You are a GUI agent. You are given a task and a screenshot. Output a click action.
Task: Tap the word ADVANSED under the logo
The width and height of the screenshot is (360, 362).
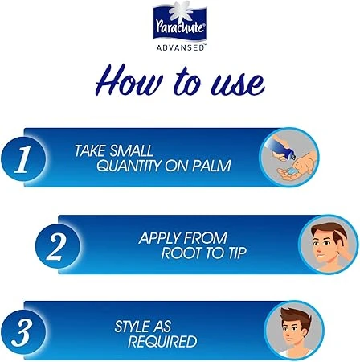(x=180, y=48)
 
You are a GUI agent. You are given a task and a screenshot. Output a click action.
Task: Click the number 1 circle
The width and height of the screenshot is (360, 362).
(x=23, y=159)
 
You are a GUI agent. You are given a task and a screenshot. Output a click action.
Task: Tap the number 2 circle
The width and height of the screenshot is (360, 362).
(x=58, y=246)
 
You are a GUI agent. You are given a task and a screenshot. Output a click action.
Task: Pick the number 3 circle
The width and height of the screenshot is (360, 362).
(x=23, y=332)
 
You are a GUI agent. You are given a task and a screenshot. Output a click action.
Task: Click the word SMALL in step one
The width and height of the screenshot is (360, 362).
(x=132, y=150)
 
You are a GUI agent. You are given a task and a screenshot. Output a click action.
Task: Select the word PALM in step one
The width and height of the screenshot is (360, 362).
(x=211, y=166)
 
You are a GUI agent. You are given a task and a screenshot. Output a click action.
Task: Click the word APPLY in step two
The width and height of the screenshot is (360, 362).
(x=158, y=238)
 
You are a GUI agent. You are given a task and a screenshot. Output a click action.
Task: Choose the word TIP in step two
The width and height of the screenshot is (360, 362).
(x=237, y=253)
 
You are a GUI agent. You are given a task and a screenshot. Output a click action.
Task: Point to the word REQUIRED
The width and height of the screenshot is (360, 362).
(x=162, y=342)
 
